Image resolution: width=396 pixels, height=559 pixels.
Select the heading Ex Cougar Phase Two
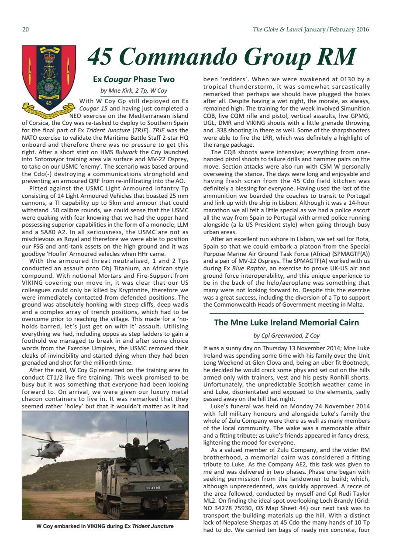(x=134, y=79)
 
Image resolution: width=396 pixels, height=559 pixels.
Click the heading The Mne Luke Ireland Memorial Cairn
(x=286, y=323)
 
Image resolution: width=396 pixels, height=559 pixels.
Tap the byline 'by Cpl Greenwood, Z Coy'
(x=286, y=335)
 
